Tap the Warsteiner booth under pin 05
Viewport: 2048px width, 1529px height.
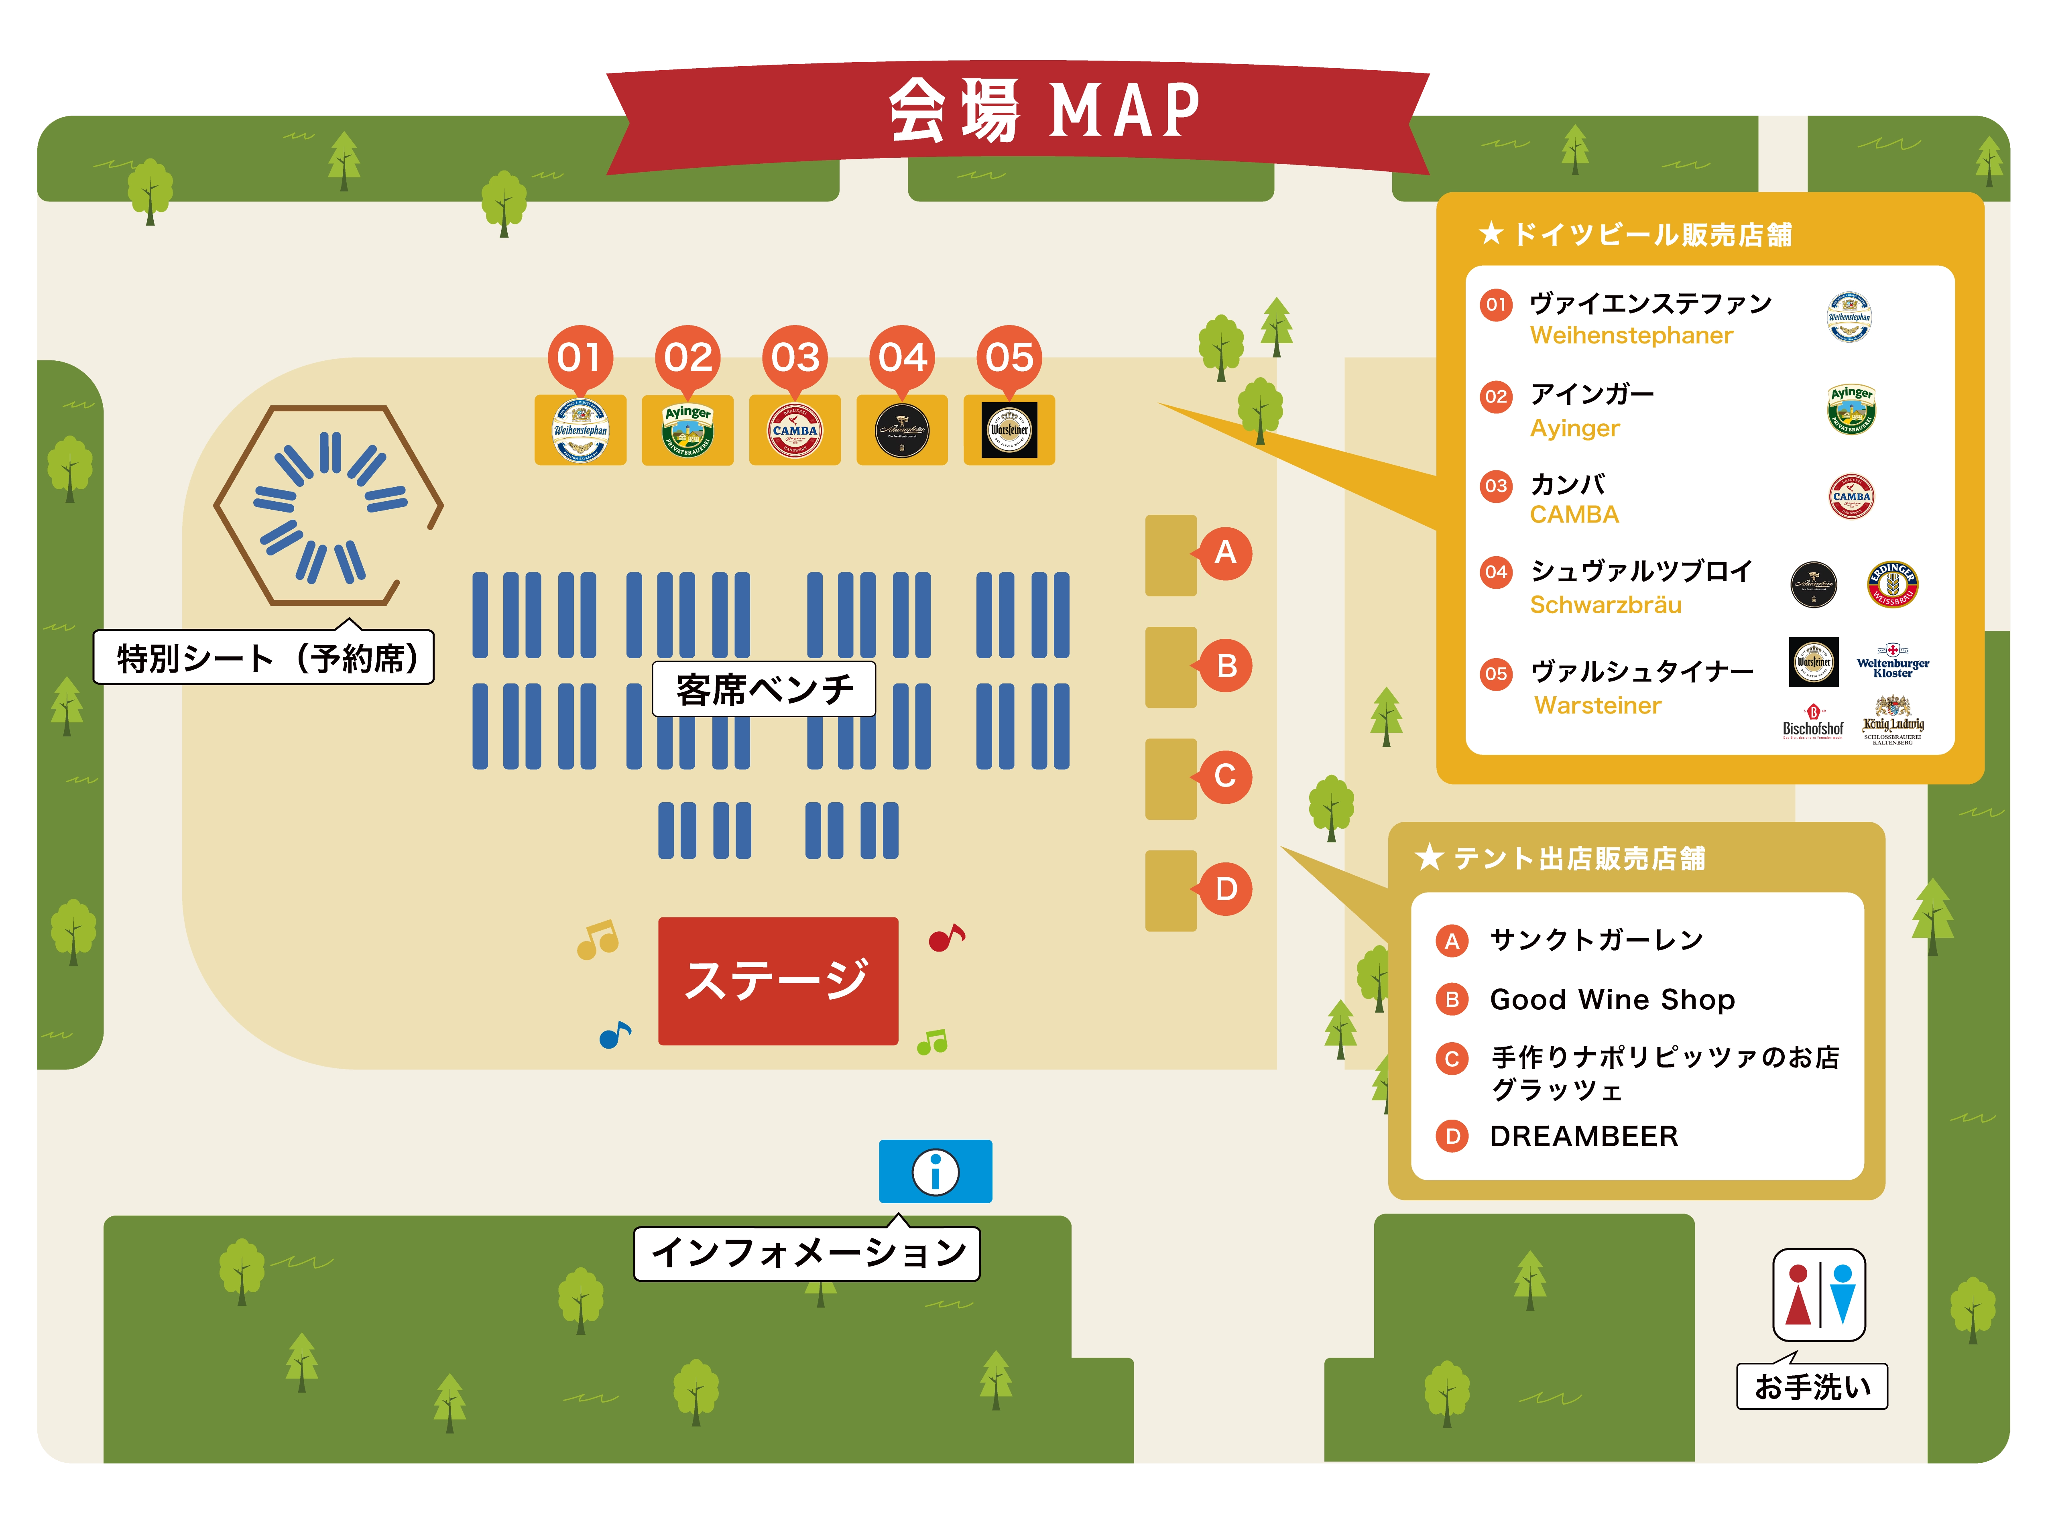coord(1009,430)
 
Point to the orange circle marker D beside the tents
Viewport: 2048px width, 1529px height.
coord(1225,889)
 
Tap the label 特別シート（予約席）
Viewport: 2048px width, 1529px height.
coord(264,658)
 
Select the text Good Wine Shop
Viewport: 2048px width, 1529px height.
coord(1612,1000)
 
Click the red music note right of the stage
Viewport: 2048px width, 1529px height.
coord(946,937)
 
